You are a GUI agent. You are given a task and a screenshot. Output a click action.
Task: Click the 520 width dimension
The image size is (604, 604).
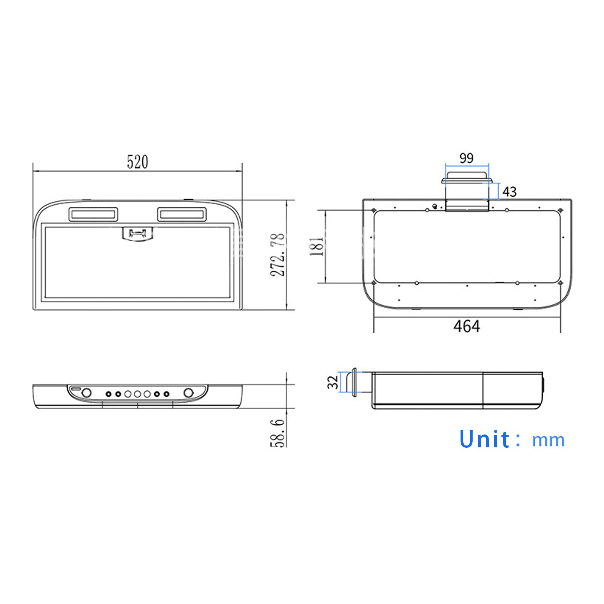137,162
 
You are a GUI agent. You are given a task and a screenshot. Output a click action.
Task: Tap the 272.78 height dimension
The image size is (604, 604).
278,255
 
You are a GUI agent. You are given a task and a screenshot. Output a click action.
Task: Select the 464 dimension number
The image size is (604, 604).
467,326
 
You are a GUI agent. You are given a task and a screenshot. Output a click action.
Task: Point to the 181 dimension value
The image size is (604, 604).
317,247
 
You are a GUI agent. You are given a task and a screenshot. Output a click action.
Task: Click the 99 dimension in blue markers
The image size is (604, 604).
467,158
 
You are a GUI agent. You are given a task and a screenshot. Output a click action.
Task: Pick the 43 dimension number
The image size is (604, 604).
509,192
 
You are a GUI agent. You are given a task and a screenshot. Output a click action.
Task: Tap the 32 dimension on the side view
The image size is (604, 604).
333,382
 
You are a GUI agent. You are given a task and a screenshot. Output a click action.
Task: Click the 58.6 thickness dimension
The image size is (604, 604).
278,433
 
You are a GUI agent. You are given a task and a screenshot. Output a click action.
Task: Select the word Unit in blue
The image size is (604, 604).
485,439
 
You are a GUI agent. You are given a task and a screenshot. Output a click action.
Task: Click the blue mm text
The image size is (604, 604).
548,441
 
